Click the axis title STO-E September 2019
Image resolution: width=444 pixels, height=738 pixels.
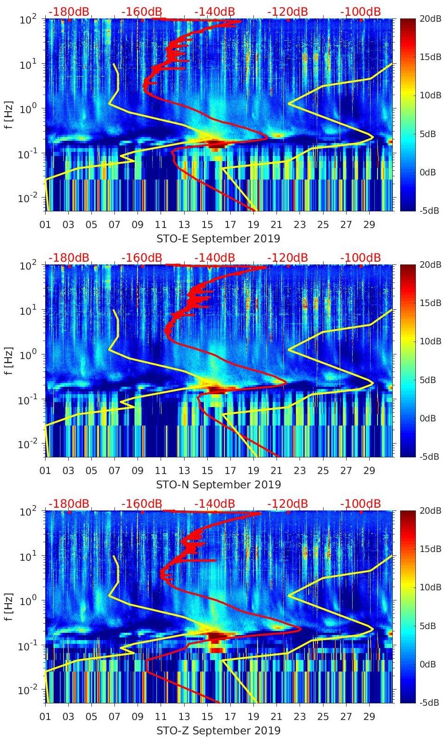[218, 239]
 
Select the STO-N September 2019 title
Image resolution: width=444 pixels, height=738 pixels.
[218, 485]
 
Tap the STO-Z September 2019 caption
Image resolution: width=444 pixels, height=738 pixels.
[218, 731]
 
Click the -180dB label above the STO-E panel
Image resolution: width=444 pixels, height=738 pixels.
[69, 12]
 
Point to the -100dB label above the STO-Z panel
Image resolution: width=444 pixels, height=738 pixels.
[360, 504]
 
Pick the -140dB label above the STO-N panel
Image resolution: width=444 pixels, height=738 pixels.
[215, 258]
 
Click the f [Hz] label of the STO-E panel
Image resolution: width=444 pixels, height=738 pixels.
[9, 115]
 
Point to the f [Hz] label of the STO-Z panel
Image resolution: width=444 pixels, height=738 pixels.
[9, 607]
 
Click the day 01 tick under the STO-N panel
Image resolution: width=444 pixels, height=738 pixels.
[45, 471]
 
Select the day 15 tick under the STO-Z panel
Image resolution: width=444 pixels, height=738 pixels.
[207, 717]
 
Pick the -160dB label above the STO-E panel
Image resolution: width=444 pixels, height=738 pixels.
[142, 12]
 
